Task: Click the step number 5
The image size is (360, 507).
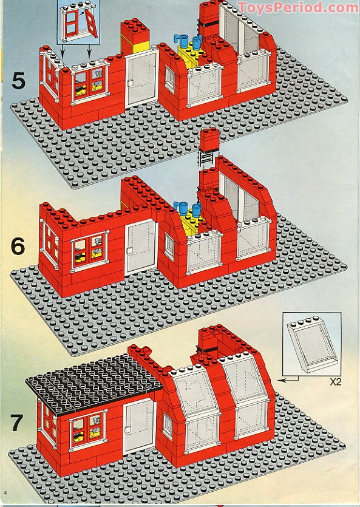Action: (x=18, y=81)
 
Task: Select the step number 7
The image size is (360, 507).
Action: (x=17, y=423)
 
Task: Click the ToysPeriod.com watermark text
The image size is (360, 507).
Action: (x=297, y=7)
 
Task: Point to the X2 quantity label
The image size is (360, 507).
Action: (x=336, y=382)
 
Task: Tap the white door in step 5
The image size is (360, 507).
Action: (x=141, y=78)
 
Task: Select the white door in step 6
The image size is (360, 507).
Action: (x=141, y=247)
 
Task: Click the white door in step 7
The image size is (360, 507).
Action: (x=139, y=426)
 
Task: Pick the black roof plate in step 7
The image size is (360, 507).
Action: (x=93, y=383)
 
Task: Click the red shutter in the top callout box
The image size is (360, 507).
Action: (x=91, y=23)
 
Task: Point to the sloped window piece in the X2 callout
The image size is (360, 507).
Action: (x=312, y=345)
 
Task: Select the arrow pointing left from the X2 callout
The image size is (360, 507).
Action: (x=288, y=379)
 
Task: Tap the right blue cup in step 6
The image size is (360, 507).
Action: (x=196, y=209)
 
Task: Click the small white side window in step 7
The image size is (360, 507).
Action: (x=168, y=426)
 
